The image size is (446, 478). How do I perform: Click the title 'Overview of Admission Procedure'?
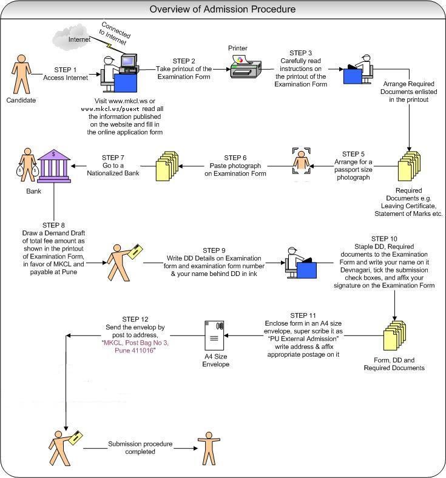[223, 9]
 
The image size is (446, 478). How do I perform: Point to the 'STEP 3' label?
[302, 53]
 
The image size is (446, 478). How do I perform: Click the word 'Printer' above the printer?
[238, 49]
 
